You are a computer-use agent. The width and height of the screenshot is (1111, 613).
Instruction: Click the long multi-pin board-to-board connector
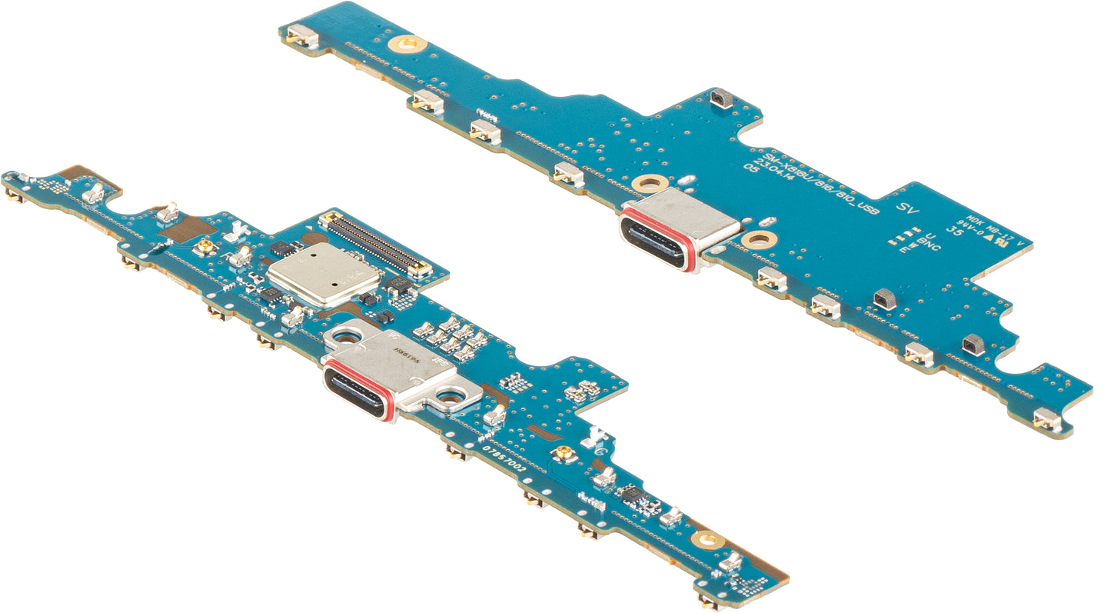click(377, 244)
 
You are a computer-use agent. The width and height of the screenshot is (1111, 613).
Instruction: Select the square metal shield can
click(324, 275)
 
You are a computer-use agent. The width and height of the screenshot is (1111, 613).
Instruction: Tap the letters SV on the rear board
click(907, 208)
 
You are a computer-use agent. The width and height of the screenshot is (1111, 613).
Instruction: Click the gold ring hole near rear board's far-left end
click(407, 43)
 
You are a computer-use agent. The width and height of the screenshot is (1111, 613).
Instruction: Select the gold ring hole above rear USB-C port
click(650, 184)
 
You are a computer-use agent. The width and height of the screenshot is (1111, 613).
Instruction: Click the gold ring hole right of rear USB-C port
click(757, 239)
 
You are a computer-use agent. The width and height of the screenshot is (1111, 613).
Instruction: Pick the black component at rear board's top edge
click(721, 97)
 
